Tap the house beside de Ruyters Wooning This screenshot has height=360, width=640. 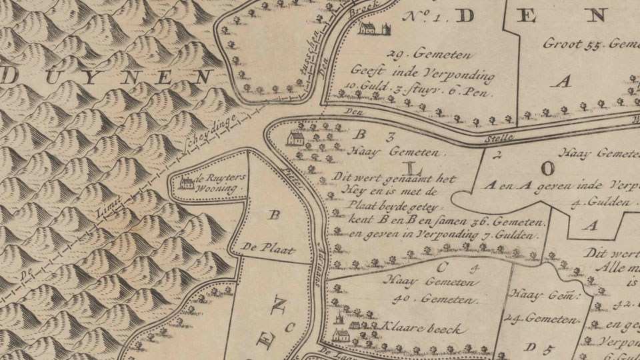tap(188, 181)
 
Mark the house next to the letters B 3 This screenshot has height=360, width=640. tap(295, 139)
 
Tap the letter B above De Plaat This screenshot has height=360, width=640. tap(272, 215)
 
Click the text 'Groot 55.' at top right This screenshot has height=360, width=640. tap(573, 45)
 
